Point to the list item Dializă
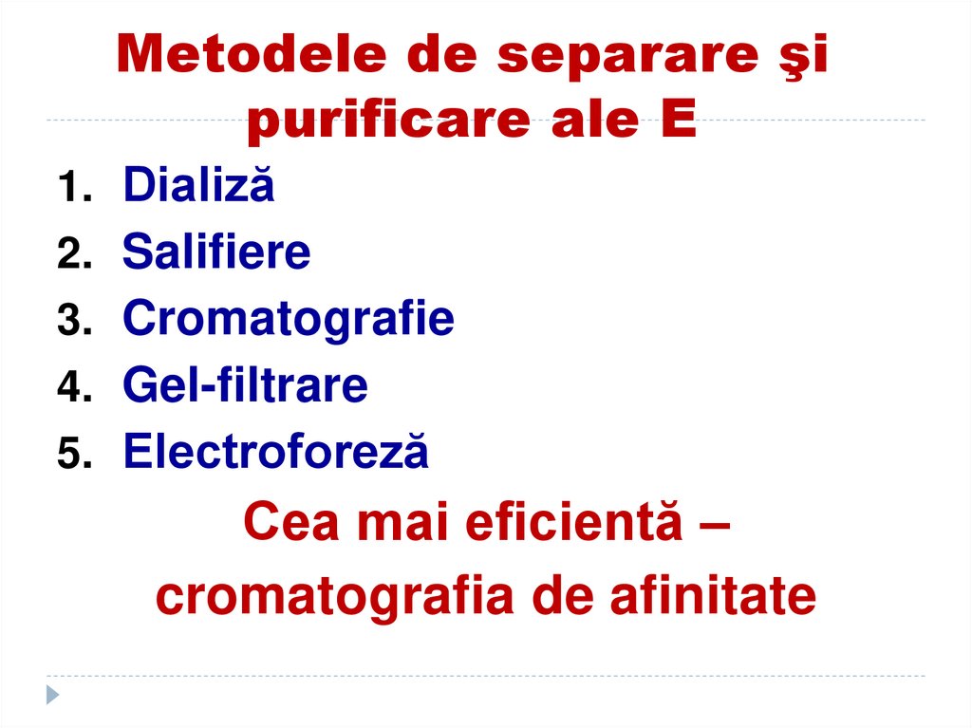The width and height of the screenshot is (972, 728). [198, 185]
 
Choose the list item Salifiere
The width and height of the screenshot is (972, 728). [216, 252]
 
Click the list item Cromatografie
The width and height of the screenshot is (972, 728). [289, 319]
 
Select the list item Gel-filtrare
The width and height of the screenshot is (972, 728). [245, 385]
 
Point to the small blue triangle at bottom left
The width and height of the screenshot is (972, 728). [53, 694]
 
